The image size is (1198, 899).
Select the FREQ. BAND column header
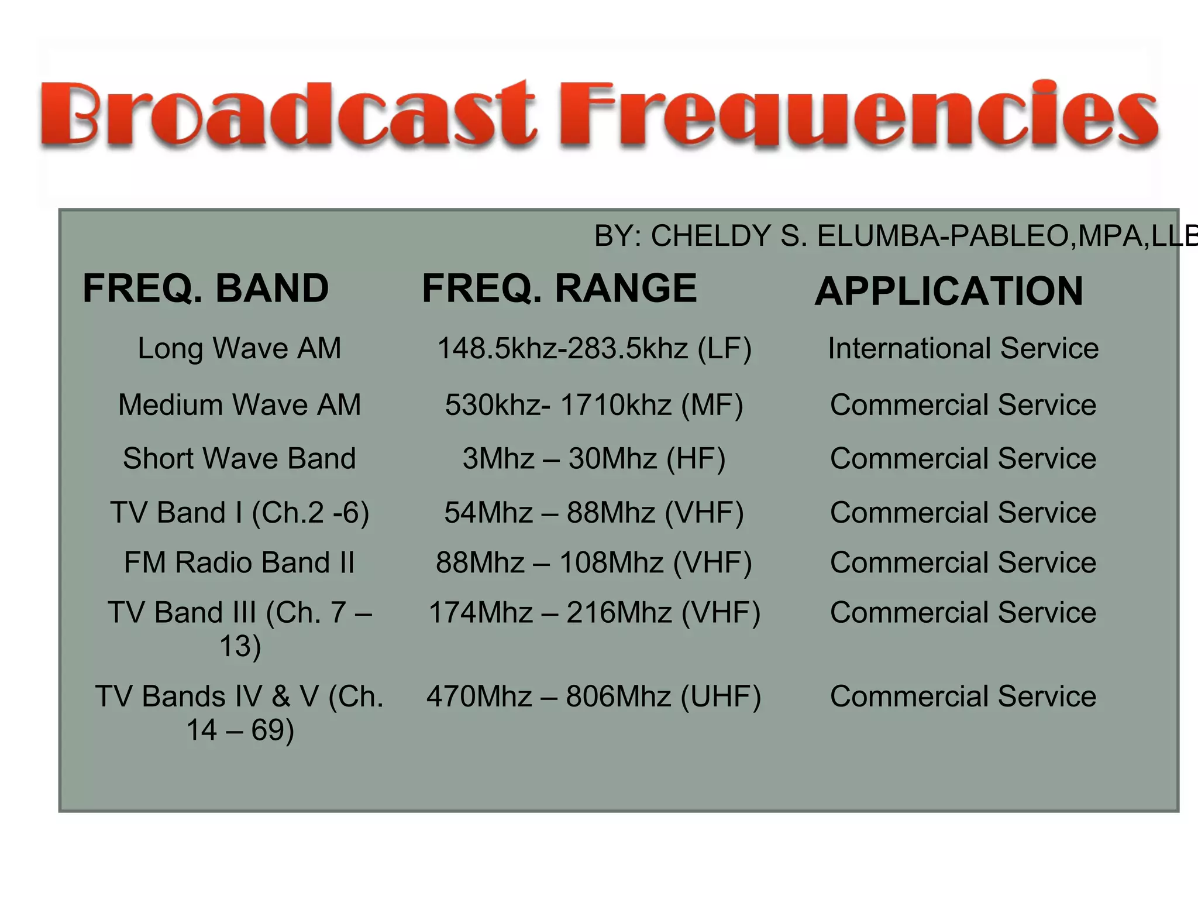[x=206, y=288]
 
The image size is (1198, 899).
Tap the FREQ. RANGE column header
[x=559, y=288]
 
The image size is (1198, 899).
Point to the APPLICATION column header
[x=949, y=291]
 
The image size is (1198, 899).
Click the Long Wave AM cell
[x=239, y=348]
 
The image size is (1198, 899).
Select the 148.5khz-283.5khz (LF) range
[x=594, y=348]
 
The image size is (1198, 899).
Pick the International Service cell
[x=963, y=348]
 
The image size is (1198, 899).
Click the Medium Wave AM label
[x=239, y=404]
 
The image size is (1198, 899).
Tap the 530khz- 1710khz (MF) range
[x=594, y=404]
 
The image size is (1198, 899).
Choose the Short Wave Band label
[x=239, y=458]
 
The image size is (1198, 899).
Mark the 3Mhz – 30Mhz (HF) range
[x=594, y=458]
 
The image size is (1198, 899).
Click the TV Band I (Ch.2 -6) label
[x=239, y=513]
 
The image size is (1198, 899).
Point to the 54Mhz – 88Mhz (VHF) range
[x=594, y=513]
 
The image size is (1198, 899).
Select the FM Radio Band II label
[x=239, y=562]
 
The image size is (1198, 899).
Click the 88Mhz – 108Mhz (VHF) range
[x=594, y=562]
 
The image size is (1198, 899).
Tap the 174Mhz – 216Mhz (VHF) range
[x=594, y=613]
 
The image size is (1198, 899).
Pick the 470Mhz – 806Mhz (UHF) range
[x=594, y=696]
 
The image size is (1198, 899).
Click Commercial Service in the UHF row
[x=963, y=696]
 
